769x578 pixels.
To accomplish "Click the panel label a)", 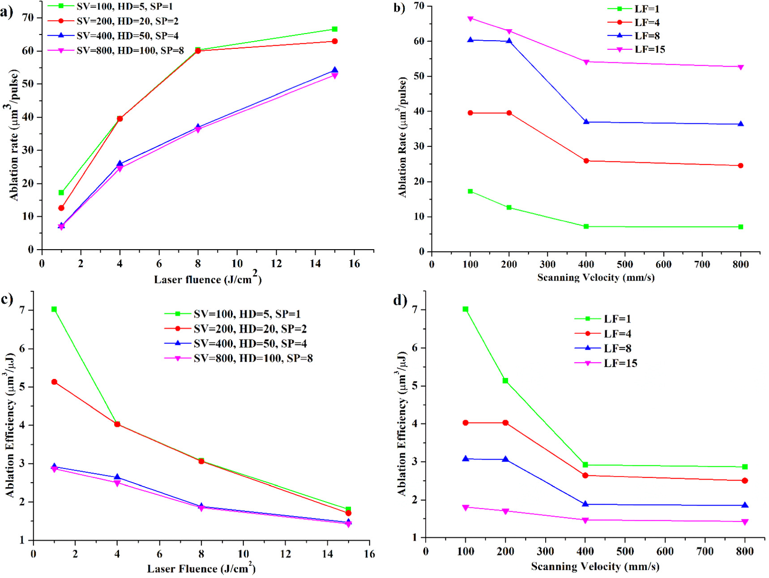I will click(x=6, y=12).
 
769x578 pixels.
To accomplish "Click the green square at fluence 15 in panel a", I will click(x=334, y=29).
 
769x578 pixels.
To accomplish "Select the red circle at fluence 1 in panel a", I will click(x=61, y=208).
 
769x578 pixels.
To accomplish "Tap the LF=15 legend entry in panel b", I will click(x=649, y=49).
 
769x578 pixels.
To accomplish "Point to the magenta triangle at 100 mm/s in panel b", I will click(x=470, y=19).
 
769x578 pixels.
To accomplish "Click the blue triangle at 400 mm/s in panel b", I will click(x=586, y=122).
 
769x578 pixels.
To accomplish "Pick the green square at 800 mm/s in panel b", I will click(x=741, y=227).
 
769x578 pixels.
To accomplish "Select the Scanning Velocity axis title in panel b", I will click(x=596, y=277).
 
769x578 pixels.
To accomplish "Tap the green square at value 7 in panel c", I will click(x=54, y=309).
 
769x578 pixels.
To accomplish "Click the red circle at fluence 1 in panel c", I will click(x=54, y=382).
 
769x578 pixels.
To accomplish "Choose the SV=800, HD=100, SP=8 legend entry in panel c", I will click(x=253, y=358).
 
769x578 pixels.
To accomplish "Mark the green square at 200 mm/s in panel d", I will click(x=505, y=381).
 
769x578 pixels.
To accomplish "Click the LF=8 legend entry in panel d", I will click(x=617, y=348).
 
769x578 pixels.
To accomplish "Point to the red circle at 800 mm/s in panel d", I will click(x=745, y=480).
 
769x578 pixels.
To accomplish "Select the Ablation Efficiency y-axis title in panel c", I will click(x=10, y=425).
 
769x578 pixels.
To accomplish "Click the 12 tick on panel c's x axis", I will click(x=286, y=554).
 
